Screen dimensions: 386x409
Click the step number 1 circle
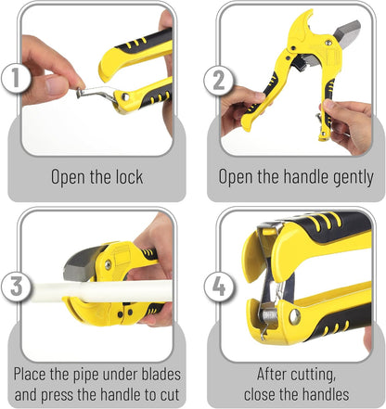[x=16, y=77]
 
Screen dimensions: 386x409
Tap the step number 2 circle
[x=219, y=81]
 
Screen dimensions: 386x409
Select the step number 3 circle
[x=16, y=286]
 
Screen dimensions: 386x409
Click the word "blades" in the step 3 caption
[x=161, y=374]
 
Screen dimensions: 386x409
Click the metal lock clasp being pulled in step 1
[x=96, y=94]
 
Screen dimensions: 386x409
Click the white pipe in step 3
[x=102, y=291]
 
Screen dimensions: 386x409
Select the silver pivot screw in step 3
[x=108, y=264]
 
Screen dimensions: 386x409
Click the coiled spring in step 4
[x=270, y=315]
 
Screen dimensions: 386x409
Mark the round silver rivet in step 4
[x=294, y=317]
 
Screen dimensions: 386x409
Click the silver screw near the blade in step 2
[x=328, y=42]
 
